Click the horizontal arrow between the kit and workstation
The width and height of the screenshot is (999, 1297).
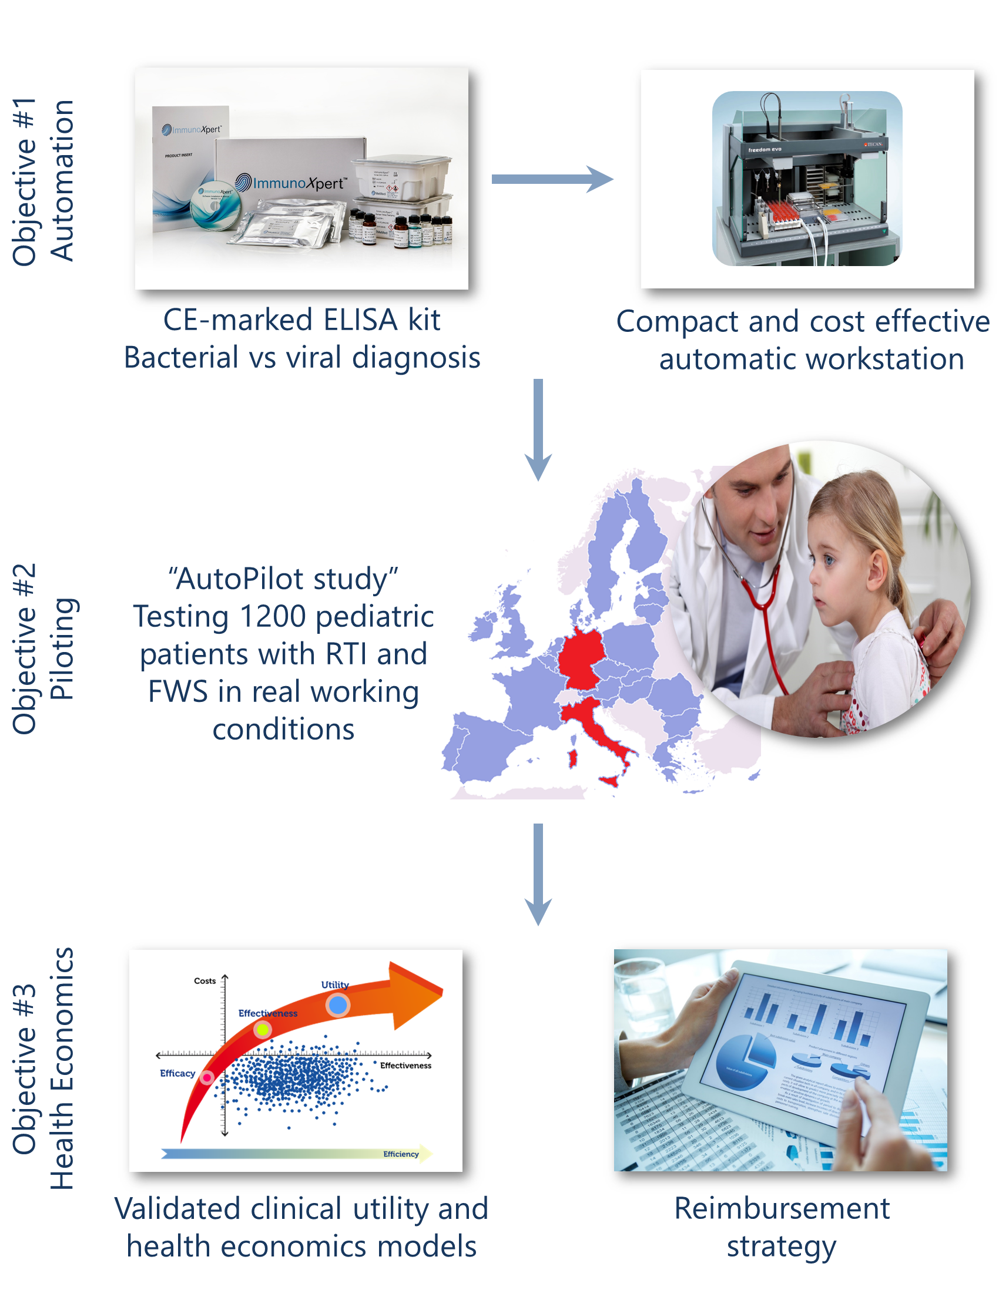(x=551, y=179)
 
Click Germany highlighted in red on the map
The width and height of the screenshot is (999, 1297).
(x=580, y=659)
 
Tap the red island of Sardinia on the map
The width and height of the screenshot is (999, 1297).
(x=572, y=758)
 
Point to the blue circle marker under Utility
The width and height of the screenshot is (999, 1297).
(x=337, y=1005)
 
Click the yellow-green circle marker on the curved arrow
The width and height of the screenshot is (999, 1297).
(x=262, y=1029)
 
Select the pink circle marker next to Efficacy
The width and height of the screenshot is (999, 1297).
(x=207, y=1077)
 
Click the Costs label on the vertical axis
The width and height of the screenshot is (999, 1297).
(x=205, y=981)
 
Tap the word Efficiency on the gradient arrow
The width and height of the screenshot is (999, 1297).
(x=400, y=1154)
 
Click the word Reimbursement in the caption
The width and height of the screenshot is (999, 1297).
(x=782, y=1209)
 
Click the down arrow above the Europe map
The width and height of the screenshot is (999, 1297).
(x=538, y=429)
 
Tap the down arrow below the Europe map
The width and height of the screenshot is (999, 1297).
(x=538, y=873)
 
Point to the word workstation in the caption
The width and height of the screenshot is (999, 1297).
(x=812, y=359)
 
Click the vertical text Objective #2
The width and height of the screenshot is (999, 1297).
(x=25, y=648)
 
